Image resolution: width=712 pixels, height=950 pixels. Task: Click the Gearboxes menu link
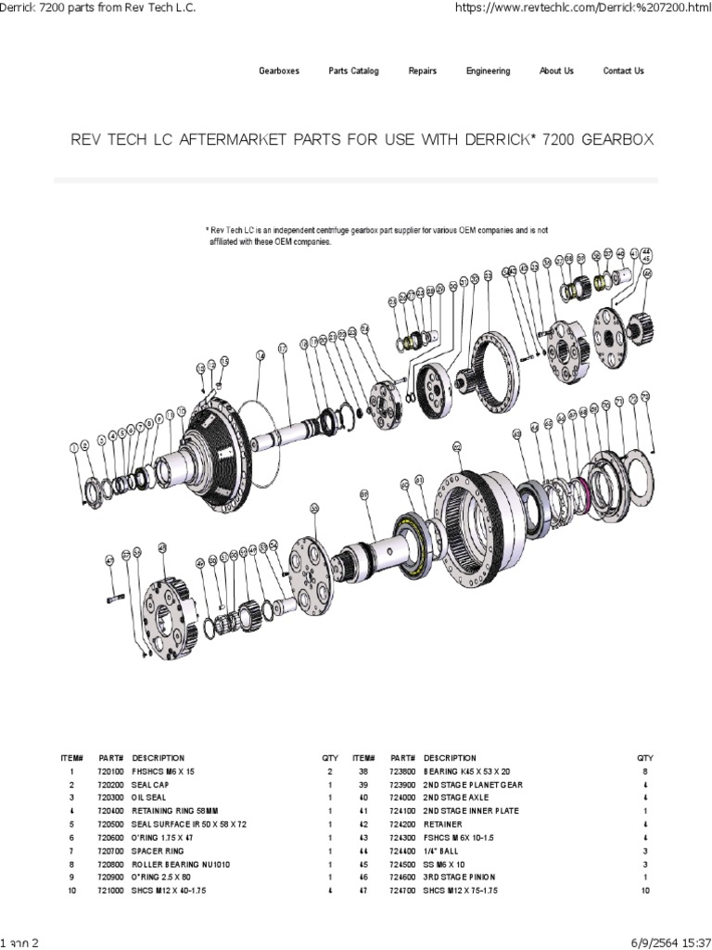[x=278, y=71]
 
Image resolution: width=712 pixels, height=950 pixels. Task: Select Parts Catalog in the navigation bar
[x=353, y=71]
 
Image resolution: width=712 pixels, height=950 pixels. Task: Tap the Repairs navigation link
[x=423, y=71]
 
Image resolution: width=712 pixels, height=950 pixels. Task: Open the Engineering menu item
[x=488, y=71]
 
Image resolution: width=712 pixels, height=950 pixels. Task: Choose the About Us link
[x=556, y=71]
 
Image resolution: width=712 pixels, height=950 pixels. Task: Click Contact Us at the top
[x=623, y=71]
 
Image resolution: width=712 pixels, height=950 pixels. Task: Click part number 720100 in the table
[x=112, y=771]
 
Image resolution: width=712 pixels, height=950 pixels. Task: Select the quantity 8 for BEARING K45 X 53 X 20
[x=645, y=771]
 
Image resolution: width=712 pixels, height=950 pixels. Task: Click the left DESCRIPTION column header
[x=159, y=758]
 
